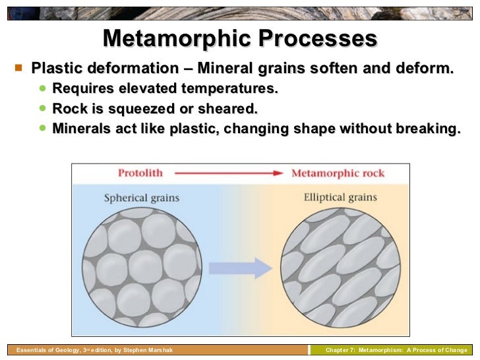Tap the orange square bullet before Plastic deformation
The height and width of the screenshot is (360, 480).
coord(18,67)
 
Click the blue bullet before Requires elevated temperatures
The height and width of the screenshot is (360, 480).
coord(44,88)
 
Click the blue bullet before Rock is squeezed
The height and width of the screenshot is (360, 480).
coord(44,107)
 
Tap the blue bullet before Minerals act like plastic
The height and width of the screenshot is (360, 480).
coord(44,128)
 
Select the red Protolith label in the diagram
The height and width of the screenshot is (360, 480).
coord(140,173)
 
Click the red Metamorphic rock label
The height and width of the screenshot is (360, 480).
coord(338,173)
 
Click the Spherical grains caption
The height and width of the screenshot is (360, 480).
coord(141,198)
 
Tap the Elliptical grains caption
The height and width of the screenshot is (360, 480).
coord(340,197)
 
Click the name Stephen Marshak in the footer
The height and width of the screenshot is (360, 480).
coord(149,350)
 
